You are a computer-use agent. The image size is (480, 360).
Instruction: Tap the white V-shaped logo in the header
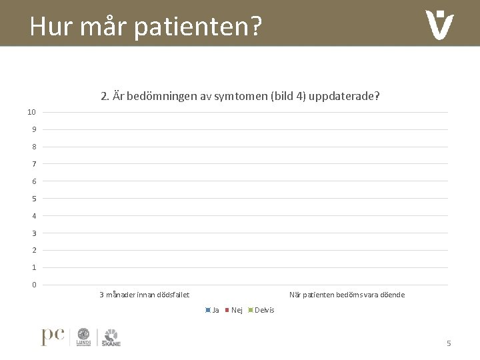(439, 25)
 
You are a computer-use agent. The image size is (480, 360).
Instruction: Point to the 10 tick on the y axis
(31, 111)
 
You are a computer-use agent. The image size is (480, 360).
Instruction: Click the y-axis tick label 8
(33, 147)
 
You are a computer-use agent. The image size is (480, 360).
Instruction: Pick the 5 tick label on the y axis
(33, 199)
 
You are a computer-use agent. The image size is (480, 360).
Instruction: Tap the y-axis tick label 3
(33, 233)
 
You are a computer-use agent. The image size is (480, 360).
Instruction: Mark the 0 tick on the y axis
(33, 285)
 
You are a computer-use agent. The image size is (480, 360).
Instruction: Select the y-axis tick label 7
(33, 164)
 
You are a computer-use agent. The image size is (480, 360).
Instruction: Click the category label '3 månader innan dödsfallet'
(144, 295)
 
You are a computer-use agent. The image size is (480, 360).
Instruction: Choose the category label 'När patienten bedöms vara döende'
(346, 295)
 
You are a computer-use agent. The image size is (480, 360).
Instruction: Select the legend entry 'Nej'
(236, 310)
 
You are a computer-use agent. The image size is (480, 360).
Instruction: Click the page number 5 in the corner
(449, 343)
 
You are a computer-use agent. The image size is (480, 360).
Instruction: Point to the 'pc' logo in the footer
(53, 337)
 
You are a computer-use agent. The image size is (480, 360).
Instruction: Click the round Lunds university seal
(84, 336)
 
